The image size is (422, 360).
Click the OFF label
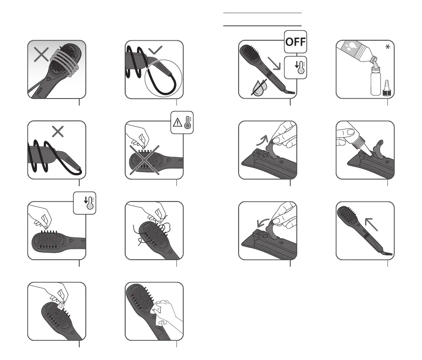[x=295, y=42]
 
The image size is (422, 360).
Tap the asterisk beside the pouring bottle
[x=387, y=47]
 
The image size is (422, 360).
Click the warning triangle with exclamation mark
[x=177, y=123]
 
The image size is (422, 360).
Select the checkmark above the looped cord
[x=155, y=49]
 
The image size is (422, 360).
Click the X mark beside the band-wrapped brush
[x=41, y=55]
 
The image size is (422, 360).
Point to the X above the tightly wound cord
[x=58, y=132]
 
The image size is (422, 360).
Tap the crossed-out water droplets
[x=259, y=87]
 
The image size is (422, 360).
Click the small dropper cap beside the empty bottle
[x=387, y=88]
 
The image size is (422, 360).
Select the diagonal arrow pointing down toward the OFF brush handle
[x=274, y=64]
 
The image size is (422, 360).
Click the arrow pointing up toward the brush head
[x=371, y=224]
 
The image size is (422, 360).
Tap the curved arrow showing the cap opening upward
[x=262, y=140]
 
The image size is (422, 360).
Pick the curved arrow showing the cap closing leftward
[x=263, y=222]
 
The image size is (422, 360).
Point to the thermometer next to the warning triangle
[x=188, y=123]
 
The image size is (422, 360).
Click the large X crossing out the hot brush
[x=144, y=160]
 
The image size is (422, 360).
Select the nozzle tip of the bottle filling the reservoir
[x=369, y=153]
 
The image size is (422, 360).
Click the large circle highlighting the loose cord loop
[x=163, y=78]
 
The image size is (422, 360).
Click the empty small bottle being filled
[x=376, y=81]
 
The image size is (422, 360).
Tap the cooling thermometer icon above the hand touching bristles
[x=89, y=203]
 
